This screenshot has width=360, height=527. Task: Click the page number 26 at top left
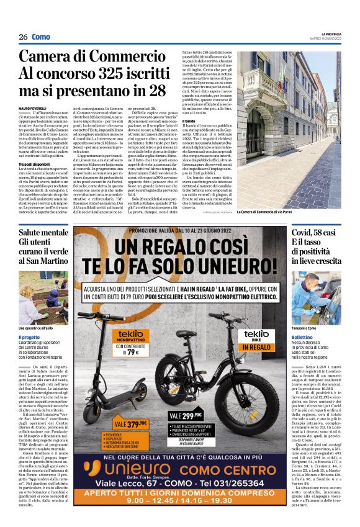coord(23,37)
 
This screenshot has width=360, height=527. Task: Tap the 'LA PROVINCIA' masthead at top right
coord(330,34)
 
